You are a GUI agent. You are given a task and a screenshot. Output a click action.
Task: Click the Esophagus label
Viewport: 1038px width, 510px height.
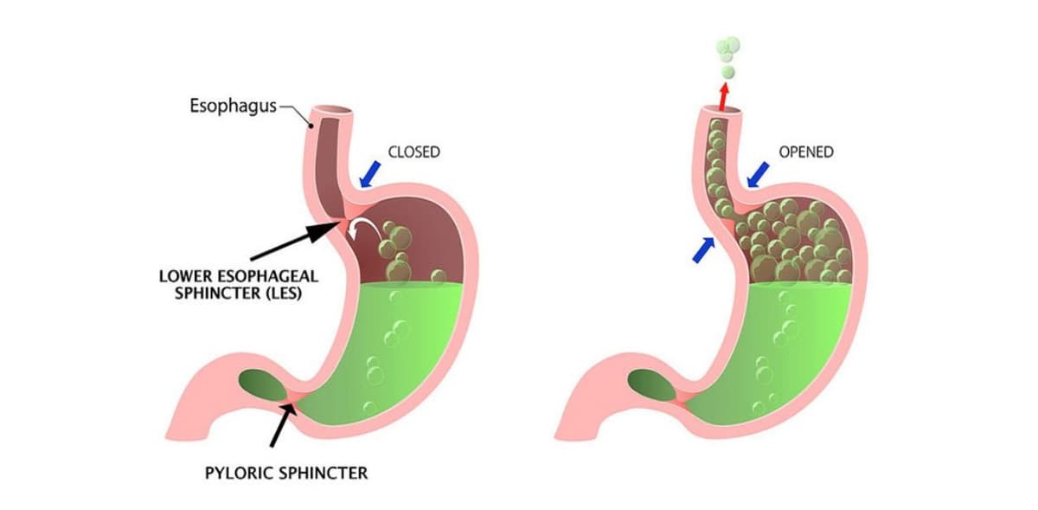click(x=233, y=107)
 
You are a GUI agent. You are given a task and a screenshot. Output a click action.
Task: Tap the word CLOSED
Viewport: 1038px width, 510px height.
click(x=413, y=152)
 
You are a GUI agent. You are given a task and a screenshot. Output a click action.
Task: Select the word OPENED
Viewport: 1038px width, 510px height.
click(x=806, y=152)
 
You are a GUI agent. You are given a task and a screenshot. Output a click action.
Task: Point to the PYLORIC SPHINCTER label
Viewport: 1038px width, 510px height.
click(x=286, y=474)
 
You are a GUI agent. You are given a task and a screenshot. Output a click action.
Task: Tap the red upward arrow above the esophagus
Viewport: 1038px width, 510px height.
click(x=724, y=94)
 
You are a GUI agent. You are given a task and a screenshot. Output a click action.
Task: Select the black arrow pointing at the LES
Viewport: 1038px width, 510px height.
click(x=294, y=242)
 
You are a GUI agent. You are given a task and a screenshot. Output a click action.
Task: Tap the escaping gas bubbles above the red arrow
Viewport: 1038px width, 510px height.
click(x=728, y=54)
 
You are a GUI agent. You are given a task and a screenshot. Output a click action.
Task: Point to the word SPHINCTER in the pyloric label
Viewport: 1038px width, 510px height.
click(x=328, y=474)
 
